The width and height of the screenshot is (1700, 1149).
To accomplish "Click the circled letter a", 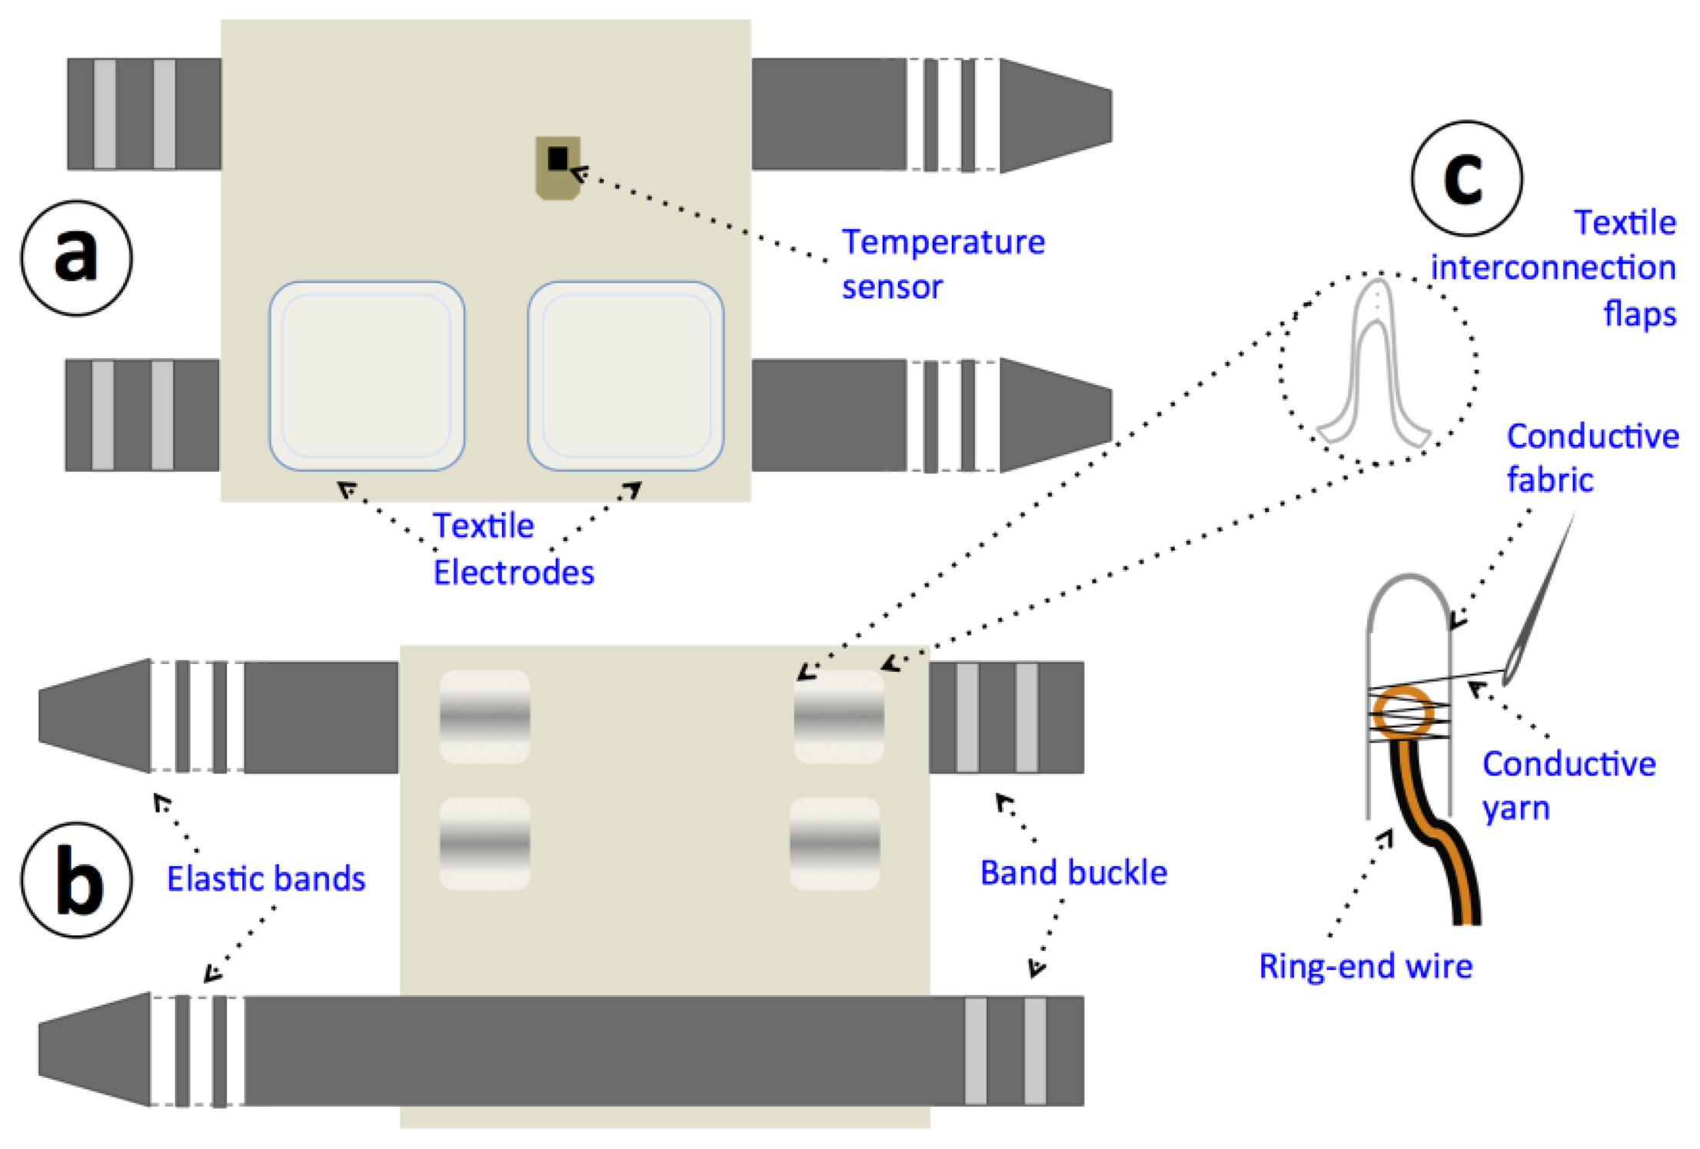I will click(x=76, y=257).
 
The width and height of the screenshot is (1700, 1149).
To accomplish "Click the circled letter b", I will click(x=76, y=879).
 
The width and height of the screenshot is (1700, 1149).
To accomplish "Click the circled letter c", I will click(x=1465, y=178).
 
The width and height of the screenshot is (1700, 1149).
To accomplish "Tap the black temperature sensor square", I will click(x=557, y=159).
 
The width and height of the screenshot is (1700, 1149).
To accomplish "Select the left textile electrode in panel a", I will click(x=367, y=376).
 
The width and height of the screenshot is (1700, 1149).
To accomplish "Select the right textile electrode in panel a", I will click(x=625, y=376).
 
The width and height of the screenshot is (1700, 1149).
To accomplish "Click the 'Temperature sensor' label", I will click(x=943, y=264).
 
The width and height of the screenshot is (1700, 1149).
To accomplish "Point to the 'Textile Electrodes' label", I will click(x=513, y=549).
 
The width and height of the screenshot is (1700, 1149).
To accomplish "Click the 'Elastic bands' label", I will click(x=266, y=878).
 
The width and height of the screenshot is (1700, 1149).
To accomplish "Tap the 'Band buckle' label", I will click(x=1073, y=873).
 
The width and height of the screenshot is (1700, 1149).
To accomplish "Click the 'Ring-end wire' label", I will click(x=1365, y=966).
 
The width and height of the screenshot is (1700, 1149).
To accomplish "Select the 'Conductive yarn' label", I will click(x=1569, y=785).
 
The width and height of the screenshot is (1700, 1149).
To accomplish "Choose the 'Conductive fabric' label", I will click(x=1592, y=457).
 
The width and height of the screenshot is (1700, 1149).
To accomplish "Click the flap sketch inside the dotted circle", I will click(x=1374, y=369).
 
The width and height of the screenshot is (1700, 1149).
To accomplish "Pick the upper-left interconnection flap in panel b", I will click(x=484, y=716).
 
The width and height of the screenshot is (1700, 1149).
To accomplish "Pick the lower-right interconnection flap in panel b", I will click(x=834, y=844).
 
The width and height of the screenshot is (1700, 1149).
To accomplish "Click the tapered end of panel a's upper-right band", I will click(x=1056, y=115).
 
